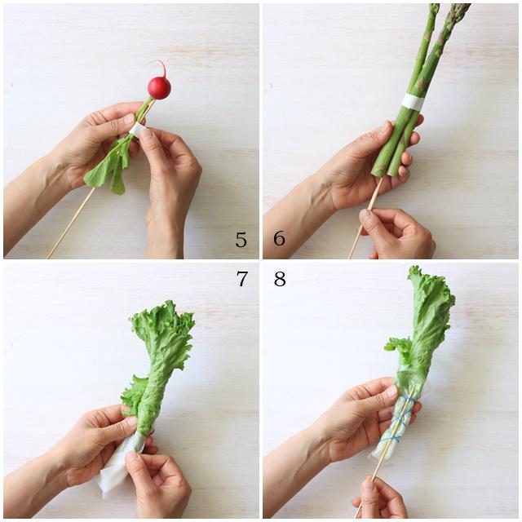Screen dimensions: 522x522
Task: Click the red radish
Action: coord(159,87)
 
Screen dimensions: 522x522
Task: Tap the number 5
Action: coord(241,239)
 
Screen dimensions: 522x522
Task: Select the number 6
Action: coord(279,238)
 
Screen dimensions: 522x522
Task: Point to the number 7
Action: coord(242,279)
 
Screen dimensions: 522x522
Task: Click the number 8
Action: coord(280,279)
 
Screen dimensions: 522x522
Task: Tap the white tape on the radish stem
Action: coord(138,129)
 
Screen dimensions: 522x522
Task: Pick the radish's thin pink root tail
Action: coord(161,68)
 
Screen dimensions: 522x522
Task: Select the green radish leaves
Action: coord(110,163)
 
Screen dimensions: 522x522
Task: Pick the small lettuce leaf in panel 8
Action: coord(399,348)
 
